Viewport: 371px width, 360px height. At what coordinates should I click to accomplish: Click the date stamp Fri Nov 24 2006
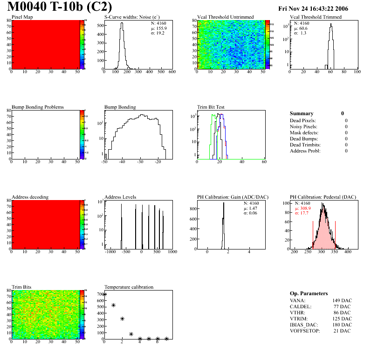point(313,8)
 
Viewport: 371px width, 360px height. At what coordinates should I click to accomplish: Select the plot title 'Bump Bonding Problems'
point(38,107)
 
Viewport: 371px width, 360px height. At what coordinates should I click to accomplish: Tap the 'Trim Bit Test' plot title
point(211,107)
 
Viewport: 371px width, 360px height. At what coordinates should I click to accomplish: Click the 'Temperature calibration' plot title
point(129,287)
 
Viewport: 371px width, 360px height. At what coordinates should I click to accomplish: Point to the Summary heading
point(302,113)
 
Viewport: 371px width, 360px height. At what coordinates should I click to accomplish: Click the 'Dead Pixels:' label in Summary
point(303,120)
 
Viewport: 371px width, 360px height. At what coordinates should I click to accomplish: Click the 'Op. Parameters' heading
point(309,293)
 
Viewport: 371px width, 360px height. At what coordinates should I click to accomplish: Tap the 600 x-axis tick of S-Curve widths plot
point(172,72)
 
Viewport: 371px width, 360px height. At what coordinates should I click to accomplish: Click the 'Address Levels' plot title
point(120,197)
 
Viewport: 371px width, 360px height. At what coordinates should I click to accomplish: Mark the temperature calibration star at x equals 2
point(122,318)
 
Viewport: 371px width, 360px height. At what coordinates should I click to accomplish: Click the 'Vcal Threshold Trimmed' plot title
point(316,17)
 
